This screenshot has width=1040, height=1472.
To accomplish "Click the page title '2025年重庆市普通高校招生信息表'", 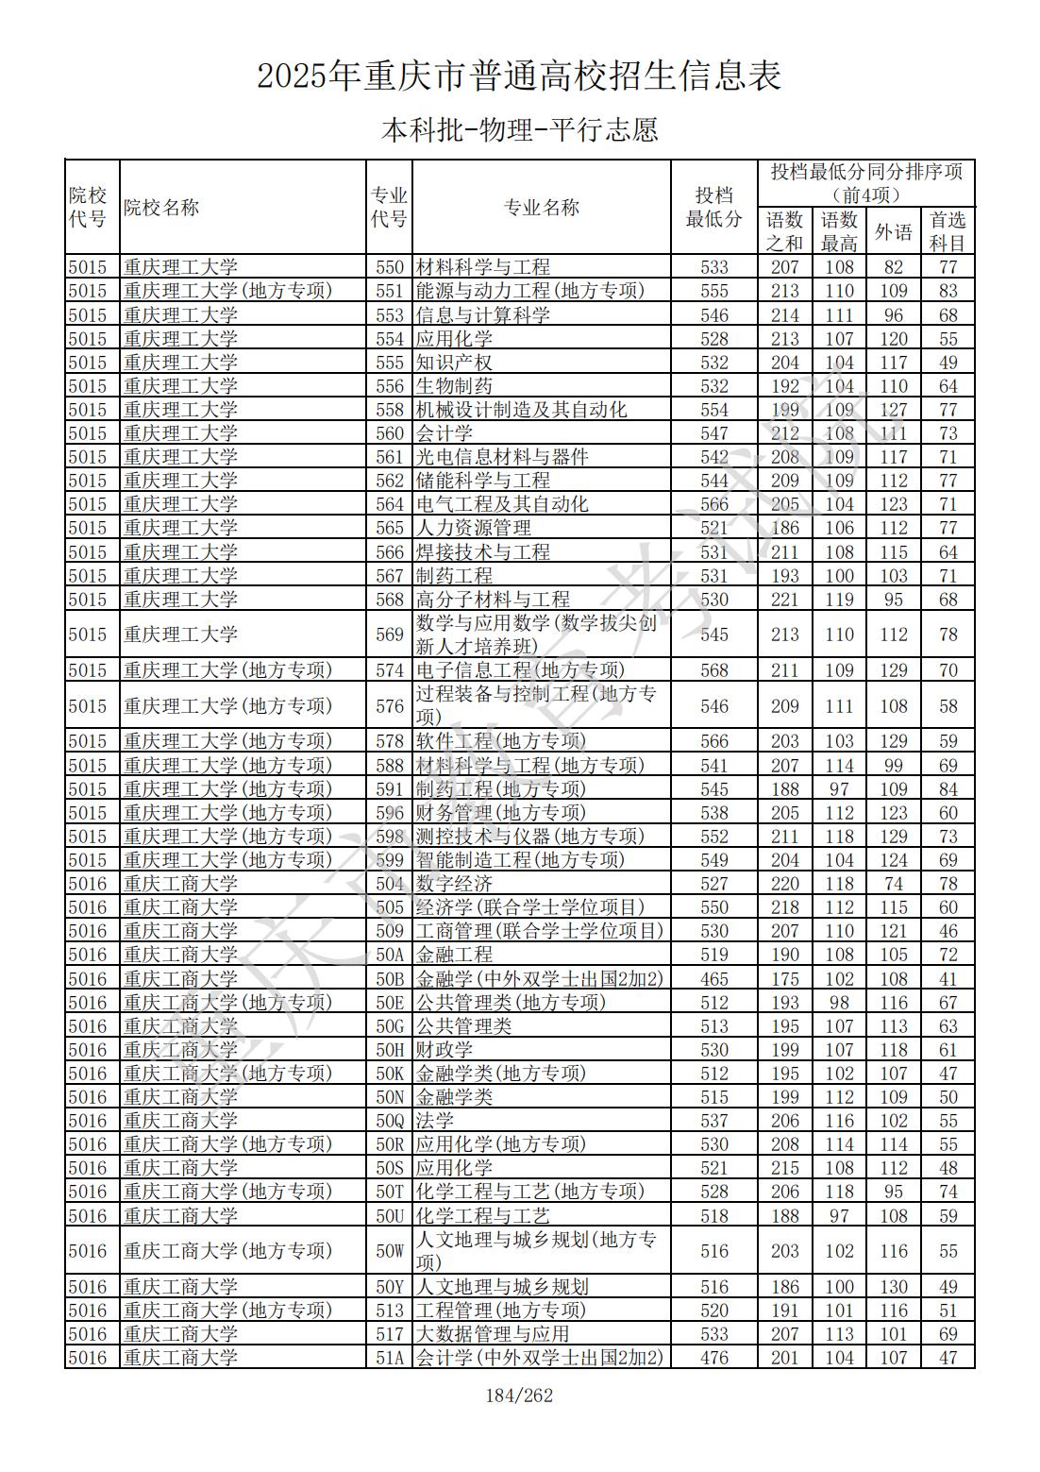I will tap(519, 76).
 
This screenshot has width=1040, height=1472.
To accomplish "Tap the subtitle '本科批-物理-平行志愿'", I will tap(519, 129).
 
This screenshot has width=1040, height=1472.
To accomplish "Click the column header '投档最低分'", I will tap(713, 208).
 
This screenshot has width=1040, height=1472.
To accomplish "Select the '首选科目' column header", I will tap(948, 231).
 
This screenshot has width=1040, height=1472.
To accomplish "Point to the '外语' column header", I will tap(893, 231).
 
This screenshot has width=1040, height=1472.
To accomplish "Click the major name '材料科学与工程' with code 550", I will tap(482, 267).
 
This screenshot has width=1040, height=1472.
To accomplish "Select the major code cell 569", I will tap(389, 634).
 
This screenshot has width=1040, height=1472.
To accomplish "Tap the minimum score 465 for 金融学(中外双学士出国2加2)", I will tap(713, 979).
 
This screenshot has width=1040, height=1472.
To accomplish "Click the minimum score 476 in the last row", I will tap(713, 1358).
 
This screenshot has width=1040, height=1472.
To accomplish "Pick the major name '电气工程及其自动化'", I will tap(501, 504).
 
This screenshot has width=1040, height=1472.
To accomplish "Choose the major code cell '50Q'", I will tap(389, 1121).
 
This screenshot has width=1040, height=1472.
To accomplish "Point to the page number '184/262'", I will tap(519, 1396).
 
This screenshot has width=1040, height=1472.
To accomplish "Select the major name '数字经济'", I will tap(454, 884).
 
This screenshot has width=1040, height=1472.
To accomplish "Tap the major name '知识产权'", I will tap(454, 363).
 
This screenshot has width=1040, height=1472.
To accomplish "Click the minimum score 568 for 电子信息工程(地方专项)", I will tap(713, 670).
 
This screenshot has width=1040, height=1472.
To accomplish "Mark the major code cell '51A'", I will tap(389, 1358).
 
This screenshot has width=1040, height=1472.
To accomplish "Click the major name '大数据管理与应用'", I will tap(492, 1334).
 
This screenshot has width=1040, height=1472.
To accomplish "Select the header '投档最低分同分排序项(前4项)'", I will tap(866, 183).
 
